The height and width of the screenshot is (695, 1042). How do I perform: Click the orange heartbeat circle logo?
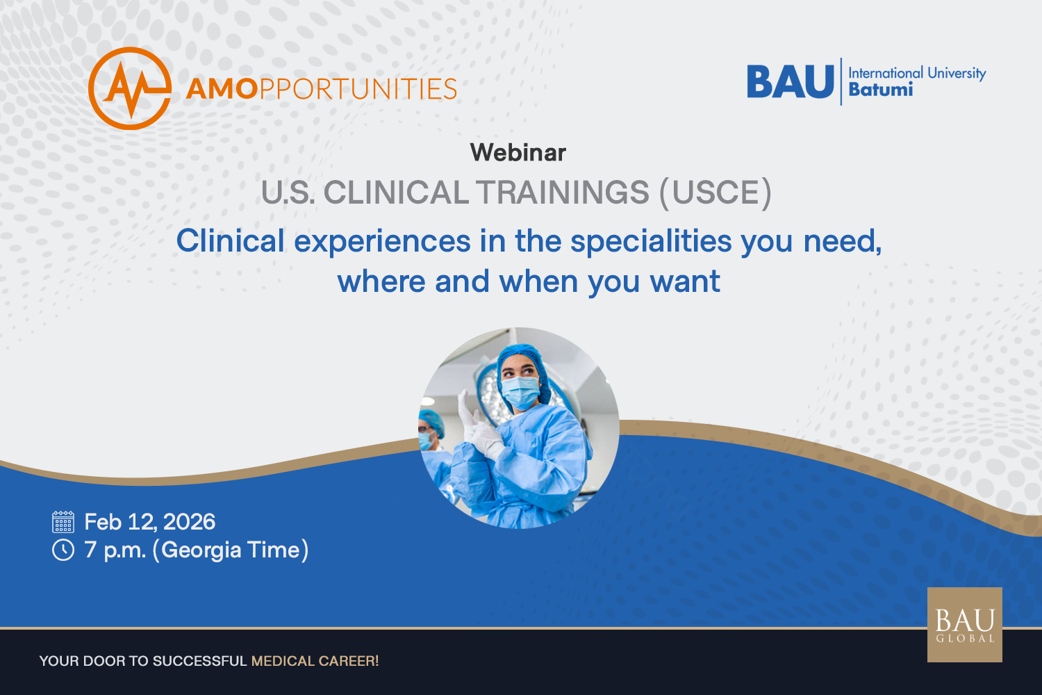(130, 88)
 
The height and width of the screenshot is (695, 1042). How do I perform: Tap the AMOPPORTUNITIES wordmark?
(322, 89)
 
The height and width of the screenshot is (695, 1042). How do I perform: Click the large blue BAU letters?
(791, 82)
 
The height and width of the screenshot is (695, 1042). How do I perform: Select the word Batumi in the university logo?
(881, 90)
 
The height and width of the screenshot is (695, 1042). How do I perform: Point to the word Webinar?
(518, 152)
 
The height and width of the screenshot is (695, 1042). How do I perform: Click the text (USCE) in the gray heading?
(716, 193)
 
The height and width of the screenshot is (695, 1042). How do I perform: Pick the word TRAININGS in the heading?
(562, 193)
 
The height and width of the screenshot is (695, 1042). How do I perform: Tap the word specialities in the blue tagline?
(652, 242)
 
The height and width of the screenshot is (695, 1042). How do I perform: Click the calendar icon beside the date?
(63, 521)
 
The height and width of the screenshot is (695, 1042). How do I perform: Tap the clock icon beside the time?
(63, 550)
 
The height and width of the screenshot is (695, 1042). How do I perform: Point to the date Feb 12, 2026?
(150, 523)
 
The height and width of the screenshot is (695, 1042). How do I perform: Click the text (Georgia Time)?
(231, 550)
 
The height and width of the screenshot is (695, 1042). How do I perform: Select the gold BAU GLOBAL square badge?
(965, 625)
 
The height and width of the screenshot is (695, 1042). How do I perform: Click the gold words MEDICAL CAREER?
(315, 661)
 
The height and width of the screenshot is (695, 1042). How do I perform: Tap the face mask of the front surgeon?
(521, 393)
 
